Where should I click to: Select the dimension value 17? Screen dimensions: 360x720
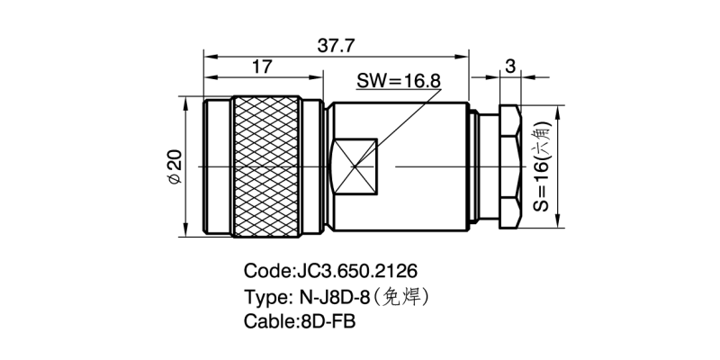tap(262, 67)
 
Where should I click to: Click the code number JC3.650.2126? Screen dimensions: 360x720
tap(356, 271)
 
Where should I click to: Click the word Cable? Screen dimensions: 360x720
tap(268, 321)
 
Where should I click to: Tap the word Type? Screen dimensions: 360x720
tap(265, 296)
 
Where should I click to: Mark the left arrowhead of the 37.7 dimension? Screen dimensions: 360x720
tap(210, 56)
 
